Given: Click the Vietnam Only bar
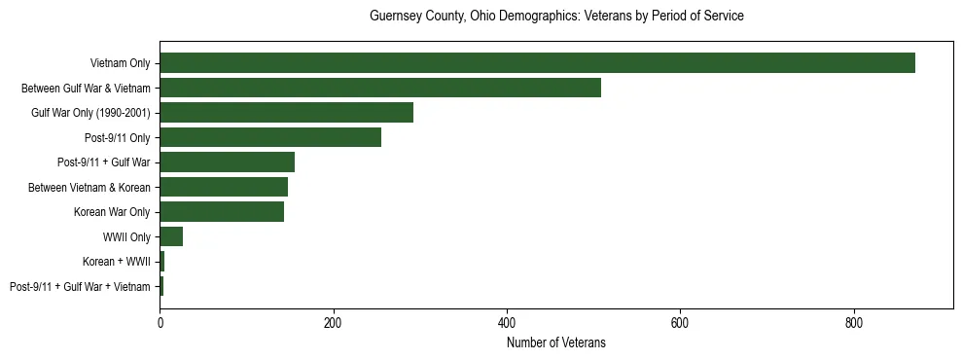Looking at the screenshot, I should coord(537,63).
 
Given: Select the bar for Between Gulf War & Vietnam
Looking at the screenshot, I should coord(380,88).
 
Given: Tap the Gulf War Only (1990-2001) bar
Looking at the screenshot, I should coord(286,113).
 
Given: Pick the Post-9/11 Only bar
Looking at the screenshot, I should coord(270,137).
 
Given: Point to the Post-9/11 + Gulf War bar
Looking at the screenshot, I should coord(227,162).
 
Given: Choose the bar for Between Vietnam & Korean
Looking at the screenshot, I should coord(224,187).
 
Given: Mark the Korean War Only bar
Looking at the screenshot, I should coord(222,212).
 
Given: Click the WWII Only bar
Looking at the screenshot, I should coord(171,237).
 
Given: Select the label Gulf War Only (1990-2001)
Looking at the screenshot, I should coord(90,113).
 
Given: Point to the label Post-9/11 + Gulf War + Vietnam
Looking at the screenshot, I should coord(80,287).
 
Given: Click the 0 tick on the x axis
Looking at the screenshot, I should coord(160,323).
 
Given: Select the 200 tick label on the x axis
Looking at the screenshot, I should coord(333,323).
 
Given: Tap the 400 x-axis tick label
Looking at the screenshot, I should coord(507,323).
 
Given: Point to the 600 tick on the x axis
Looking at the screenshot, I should coord(680,323).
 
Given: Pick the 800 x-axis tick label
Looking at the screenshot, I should coord(854,323).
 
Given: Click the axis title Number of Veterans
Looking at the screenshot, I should coord(556,342).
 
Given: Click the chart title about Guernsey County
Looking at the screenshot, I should coord(556,17).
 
